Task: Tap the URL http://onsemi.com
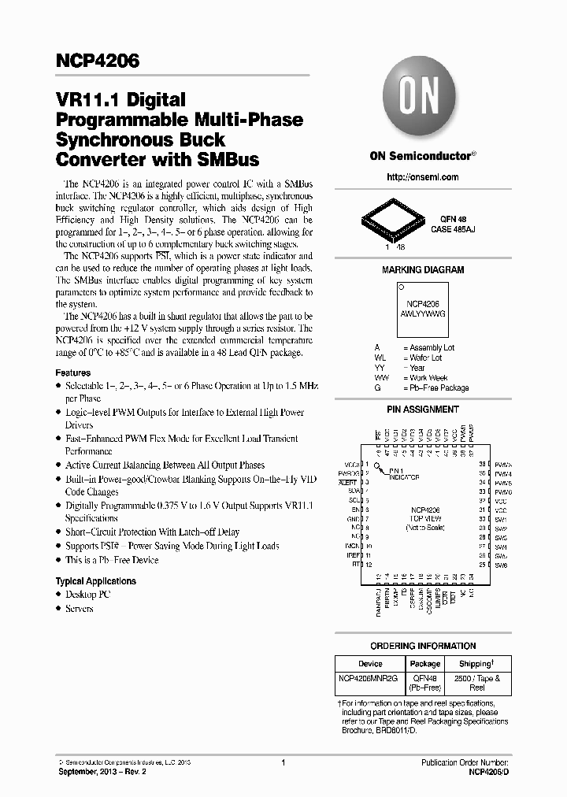tap(423, 177)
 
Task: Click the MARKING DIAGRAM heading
tap(423, 270)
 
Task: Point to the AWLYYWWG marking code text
tap(423, 313)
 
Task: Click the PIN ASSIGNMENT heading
tap(423, 410)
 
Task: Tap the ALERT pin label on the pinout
tap(347, 482)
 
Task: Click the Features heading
tap(73, 373)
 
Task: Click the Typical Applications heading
tap(95, 581)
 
